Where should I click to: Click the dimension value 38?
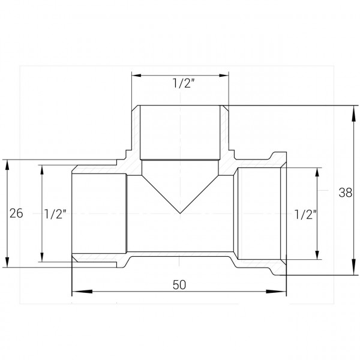(344, 193)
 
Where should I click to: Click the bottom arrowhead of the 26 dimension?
(7, 265)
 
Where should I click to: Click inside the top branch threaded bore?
(180, 132)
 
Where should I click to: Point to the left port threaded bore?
(99, 213)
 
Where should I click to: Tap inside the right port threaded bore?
(258, 213)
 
